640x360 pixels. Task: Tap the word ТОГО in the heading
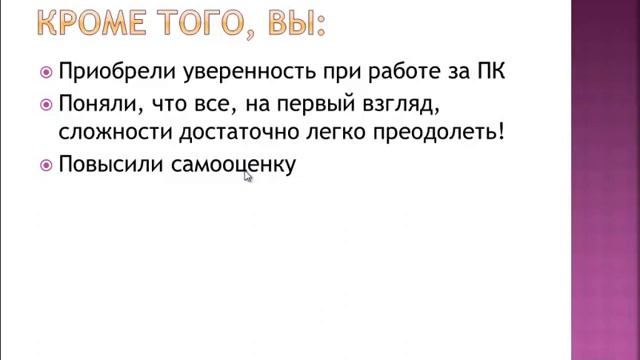(199, 21)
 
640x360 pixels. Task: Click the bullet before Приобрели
(45, 72)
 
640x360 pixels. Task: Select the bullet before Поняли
(45, 103)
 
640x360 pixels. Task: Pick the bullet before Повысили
(45, 165)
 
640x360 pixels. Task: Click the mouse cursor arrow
(247, 175)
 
